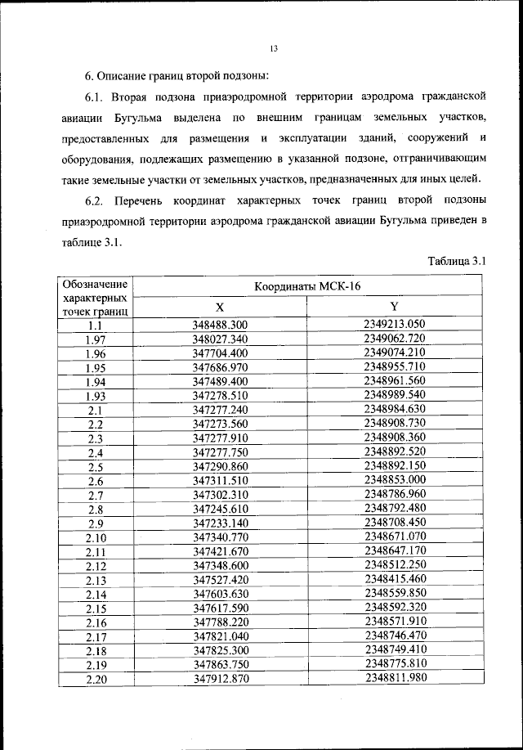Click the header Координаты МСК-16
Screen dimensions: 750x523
[306, 286]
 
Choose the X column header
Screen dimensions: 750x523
[219, 308]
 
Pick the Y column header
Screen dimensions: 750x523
[394, 307]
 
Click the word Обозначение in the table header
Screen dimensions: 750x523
[95, 282]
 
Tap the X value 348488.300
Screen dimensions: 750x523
[219, 326]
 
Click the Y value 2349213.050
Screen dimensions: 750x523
[395, 325]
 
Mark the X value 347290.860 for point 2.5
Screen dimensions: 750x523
[219, 466]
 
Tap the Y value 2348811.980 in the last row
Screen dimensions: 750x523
[395, 677]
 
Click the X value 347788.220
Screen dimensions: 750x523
[219, 622]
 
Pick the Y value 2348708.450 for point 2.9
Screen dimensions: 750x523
[395, 522]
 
